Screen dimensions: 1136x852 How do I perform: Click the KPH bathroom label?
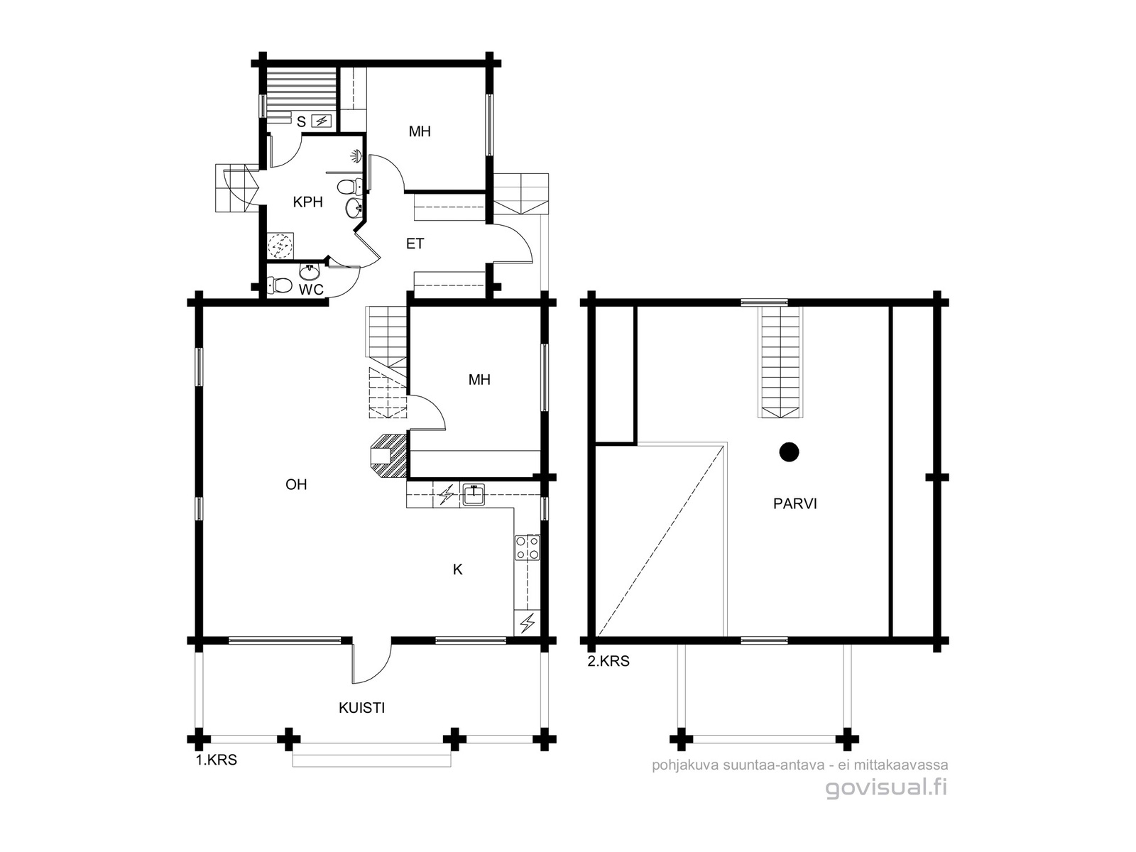point(307,202)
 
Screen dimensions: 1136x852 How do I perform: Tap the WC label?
point(311,290)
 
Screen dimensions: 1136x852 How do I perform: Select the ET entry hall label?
point(415,244)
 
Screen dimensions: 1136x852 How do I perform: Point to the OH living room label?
point(296,484)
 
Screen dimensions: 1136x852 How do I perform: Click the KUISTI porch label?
point(362,708)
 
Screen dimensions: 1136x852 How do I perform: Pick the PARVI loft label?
point(795,504)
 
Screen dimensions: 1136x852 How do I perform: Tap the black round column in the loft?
point(789,452)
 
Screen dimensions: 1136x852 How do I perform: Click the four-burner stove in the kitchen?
point(527,547)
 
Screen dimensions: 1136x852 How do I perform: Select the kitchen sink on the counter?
point(473,495)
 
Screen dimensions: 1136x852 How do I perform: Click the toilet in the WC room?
point(278,285)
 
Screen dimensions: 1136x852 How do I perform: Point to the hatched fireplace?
point(388,455)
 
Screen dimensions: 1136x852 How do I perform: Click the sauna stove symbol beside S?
point(322,121)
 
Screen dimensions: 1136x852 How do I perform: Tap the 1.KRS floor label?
point(217,760)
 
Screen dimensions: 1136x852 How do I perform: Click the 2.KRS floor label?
point(608,661)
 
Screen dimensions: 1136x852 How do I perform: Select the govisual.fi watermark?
point(887,788)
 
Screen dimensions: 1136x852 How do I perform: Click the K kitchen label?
point(457,569)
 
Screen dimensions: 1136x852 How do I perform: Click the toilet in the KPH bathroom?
point(349,185)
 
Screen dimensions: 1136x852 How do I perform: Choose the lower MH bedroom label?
point(479,380)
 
